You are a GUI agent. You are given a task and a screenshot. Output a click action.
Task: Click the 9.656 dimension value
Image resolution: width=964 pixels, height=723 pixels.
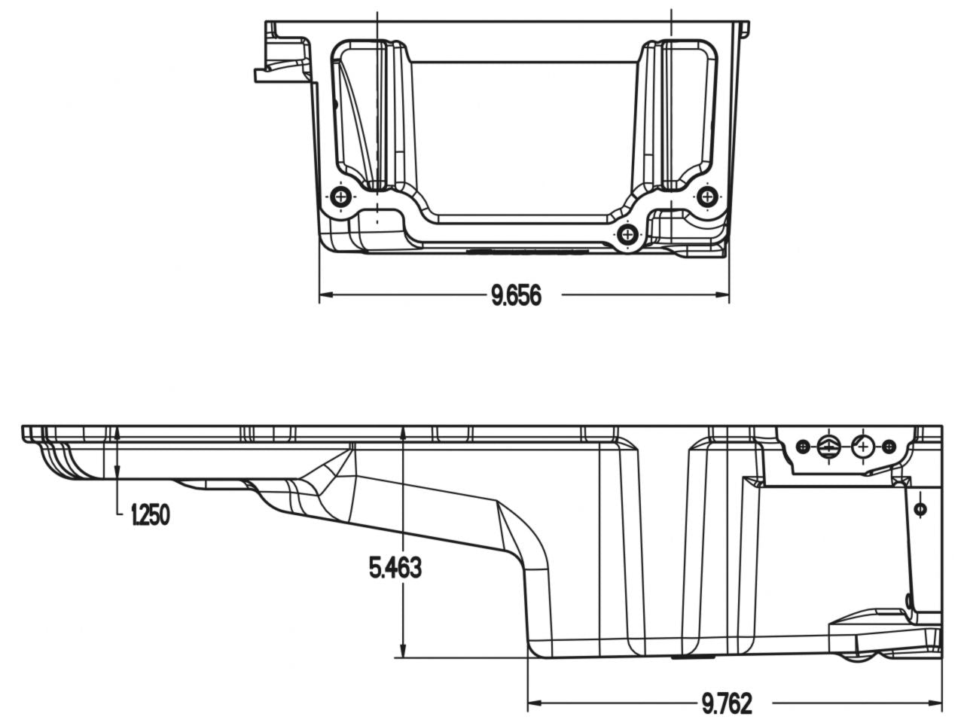pyautogui.click(x=517, y=296)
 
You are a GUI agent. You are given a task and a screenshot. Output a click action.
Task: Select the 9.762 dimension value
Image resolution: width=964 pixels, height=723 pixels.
pyautogui.click(x=727, y=704)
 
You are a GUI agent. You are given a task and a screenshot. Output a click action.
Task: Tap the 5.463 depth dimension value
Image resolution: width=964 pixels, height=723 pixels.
pyautogui.click(x=395, y=568)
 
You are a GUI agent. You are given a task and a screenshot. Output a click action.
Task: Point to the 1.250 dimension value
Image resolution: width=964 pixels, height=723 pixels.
pyautogui.click(x=150, y=515)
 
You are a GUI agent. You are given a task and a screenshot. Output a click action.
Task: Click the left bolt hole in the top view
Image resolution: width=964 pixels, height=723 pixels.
pyautogui.click(x=341, y=197)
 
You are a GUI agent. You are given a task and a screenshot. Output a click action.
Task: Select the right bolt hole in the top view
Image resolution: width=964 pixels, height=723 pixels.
pyautogui.click(x=707, y=197)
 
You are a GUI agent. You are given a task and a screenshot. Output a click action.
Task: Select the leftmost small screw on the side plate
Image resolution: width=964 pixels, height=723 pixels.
pyautogui.click(x=804, y=447)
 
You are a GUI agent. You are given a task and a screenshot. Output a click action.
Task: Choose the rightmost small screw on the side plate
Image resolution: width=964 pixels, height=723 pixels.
pyautogui.click(x=889, y=447)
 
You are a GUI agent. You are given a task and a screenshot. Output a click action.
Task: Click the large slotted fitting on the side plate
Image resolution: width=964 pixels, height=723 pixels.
pyautogui.click(x=827, y=447)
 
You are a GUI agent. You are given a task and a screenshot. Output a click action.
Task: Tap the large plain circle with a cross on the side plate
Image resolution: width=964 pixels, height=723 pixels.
pyautogui.click(x=863, y=447)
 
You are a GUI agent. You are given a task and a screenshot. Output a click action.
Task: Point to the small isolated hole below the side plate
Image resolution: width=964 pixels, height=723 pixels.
pyautogui.click(x=920, y=510)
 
